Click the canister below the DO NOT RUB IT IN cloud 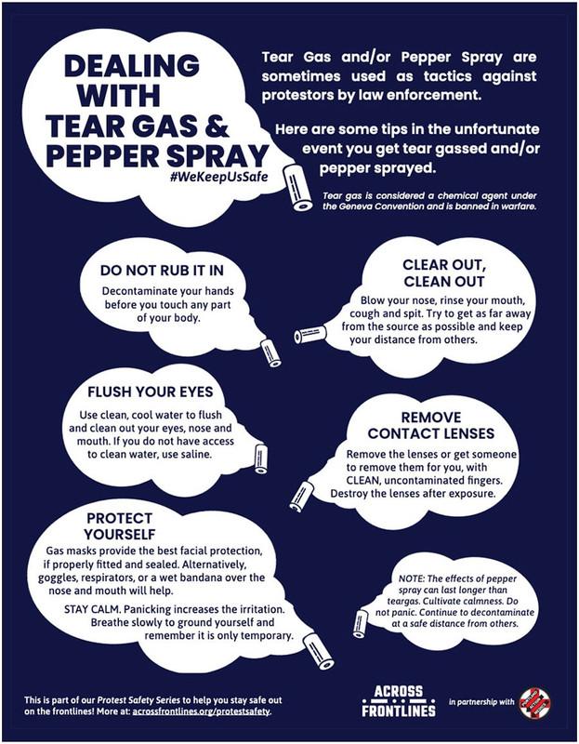coord(268,351)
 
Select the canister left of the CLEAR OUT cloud coord(307,335)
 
